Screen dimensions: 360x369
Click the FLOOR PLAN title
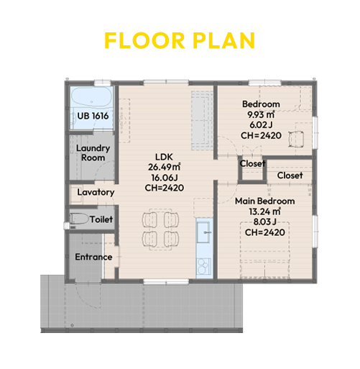[180, 40]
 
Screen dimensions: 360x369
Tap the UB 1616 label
[93, 116]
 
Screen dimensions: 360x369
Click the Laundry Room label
[93, 153]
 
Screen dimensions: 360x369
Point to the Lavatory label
[96, 192]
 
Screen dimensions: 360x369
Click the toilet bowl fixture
[79, 219]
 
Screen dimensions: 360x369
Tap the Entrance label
[93, 257]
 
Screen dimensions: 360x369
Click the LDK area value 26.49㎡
[164, 167]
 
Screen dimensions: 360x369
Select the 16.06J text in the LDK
[165, 178]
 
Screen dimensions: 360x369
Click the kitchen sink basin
[204, 232]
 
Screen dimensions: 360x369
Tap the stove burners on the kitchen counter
[204, 266]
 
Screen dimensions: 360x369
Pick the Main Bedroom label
[264, 201]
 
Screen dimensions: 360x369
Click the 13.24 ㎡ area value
[264, 211]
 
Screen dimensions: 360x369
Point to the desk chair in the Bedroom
[297, 139]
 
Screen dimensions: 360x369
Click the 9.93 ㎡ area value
[261, 114]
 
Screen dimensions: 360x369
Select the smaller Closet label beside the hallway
[252, 164]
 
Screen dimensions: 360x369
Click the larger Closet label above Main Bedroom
[290, 176]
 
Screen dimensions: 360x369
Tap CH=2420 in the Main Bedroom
[265, 232]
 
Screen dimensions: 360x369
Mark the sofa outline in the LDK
[202, 120]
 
